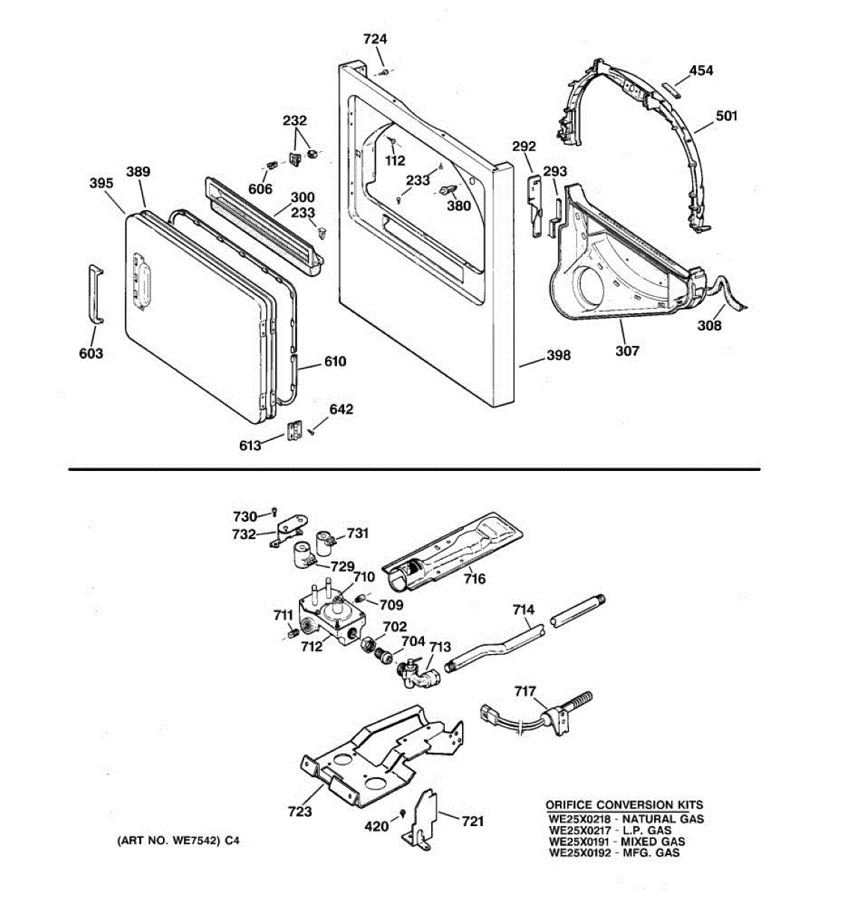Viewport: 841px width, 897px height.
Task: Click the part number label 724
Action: coord(375,39)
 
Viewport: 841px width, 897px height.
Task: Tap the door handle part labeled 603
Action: coord(94,294)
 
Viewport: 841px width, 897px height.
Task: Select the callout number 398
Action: coord(558,355)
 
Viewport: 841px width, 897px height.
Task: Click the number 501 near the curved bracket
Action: coord(726,116)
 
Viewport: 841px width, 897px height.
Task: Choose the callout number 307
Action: coord(627,350)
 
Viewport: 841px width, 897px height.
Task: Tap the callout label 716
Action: coord(474,579)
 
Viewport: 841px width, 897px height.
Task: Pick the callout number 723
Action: coord(300,812)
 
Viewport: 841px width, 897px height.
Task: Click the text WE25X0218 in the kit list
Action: coord(577,819)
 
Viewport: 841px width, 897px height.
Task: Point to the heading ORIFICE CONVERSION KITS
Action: coord(623,805)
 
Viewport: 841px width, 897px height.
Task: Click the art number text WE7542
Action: coord(192,841)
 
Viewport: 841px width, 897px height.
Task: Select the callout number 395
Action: coord(101,183)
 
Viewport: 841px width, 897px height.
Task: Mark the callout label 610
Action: coord(335,362)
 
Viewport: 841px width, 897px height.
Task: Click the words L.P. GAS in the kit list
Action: coord(647,830)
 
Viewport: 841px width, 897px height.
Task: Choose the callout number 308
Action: coord(709,326)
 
